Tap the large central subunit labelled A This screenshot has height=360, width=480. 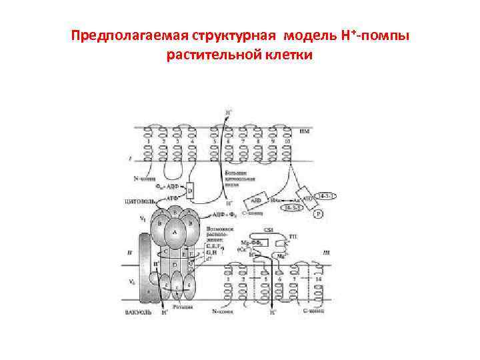[x=175, y=232]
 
